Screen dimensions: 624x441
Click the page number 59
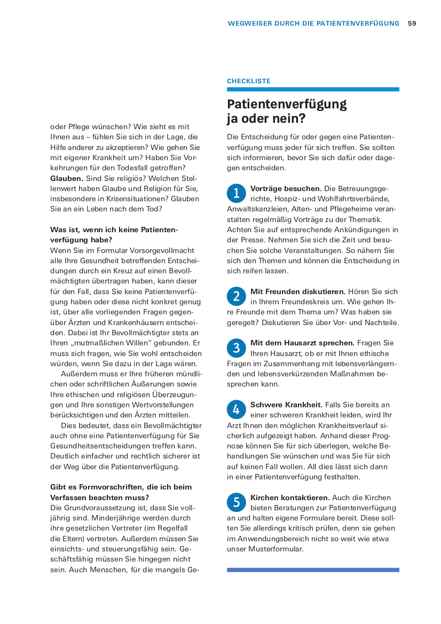[x=412, y=23]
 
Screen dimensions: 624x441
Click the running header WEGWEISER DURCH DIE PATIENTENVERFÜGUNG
[x=313, y=23]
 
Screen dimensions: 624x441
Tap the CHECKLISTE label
[x=248, y=81]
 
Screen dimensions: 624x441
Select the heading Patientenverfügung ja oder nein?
[x=287, y=111]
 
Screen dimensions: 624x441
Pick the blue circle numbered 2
[x=236, y=296]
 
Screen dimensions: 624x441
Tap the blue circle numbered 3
[x=236, y=348]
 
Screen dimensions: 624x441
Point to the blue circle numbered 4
[x=236, y=409]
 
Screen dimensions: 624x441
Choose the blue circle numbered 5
[x=236, y=502]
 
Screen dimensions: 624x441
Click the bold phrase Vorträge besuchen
[x=286, y=188]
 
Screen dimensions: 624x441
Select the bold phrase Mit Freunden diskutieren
[x=298, y=291]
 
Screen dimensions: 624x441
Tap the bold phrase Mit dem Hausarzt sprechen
[x=302, y=343]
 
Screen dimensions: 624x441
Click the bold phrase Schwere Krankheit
[x=286, y=405]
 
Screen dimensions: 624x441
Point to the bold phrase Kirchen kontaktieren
[x=290, y=497]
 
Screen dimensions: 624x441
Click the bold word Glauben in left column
[x=66, y=178]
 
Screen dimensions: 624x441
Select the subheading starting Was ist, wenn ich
[x=114, y=234]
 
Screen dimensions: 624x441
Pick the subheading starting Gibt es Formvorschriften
[x=121, y=492]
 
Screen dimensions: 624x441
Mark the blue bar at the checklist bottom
[x=313, y=570]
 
